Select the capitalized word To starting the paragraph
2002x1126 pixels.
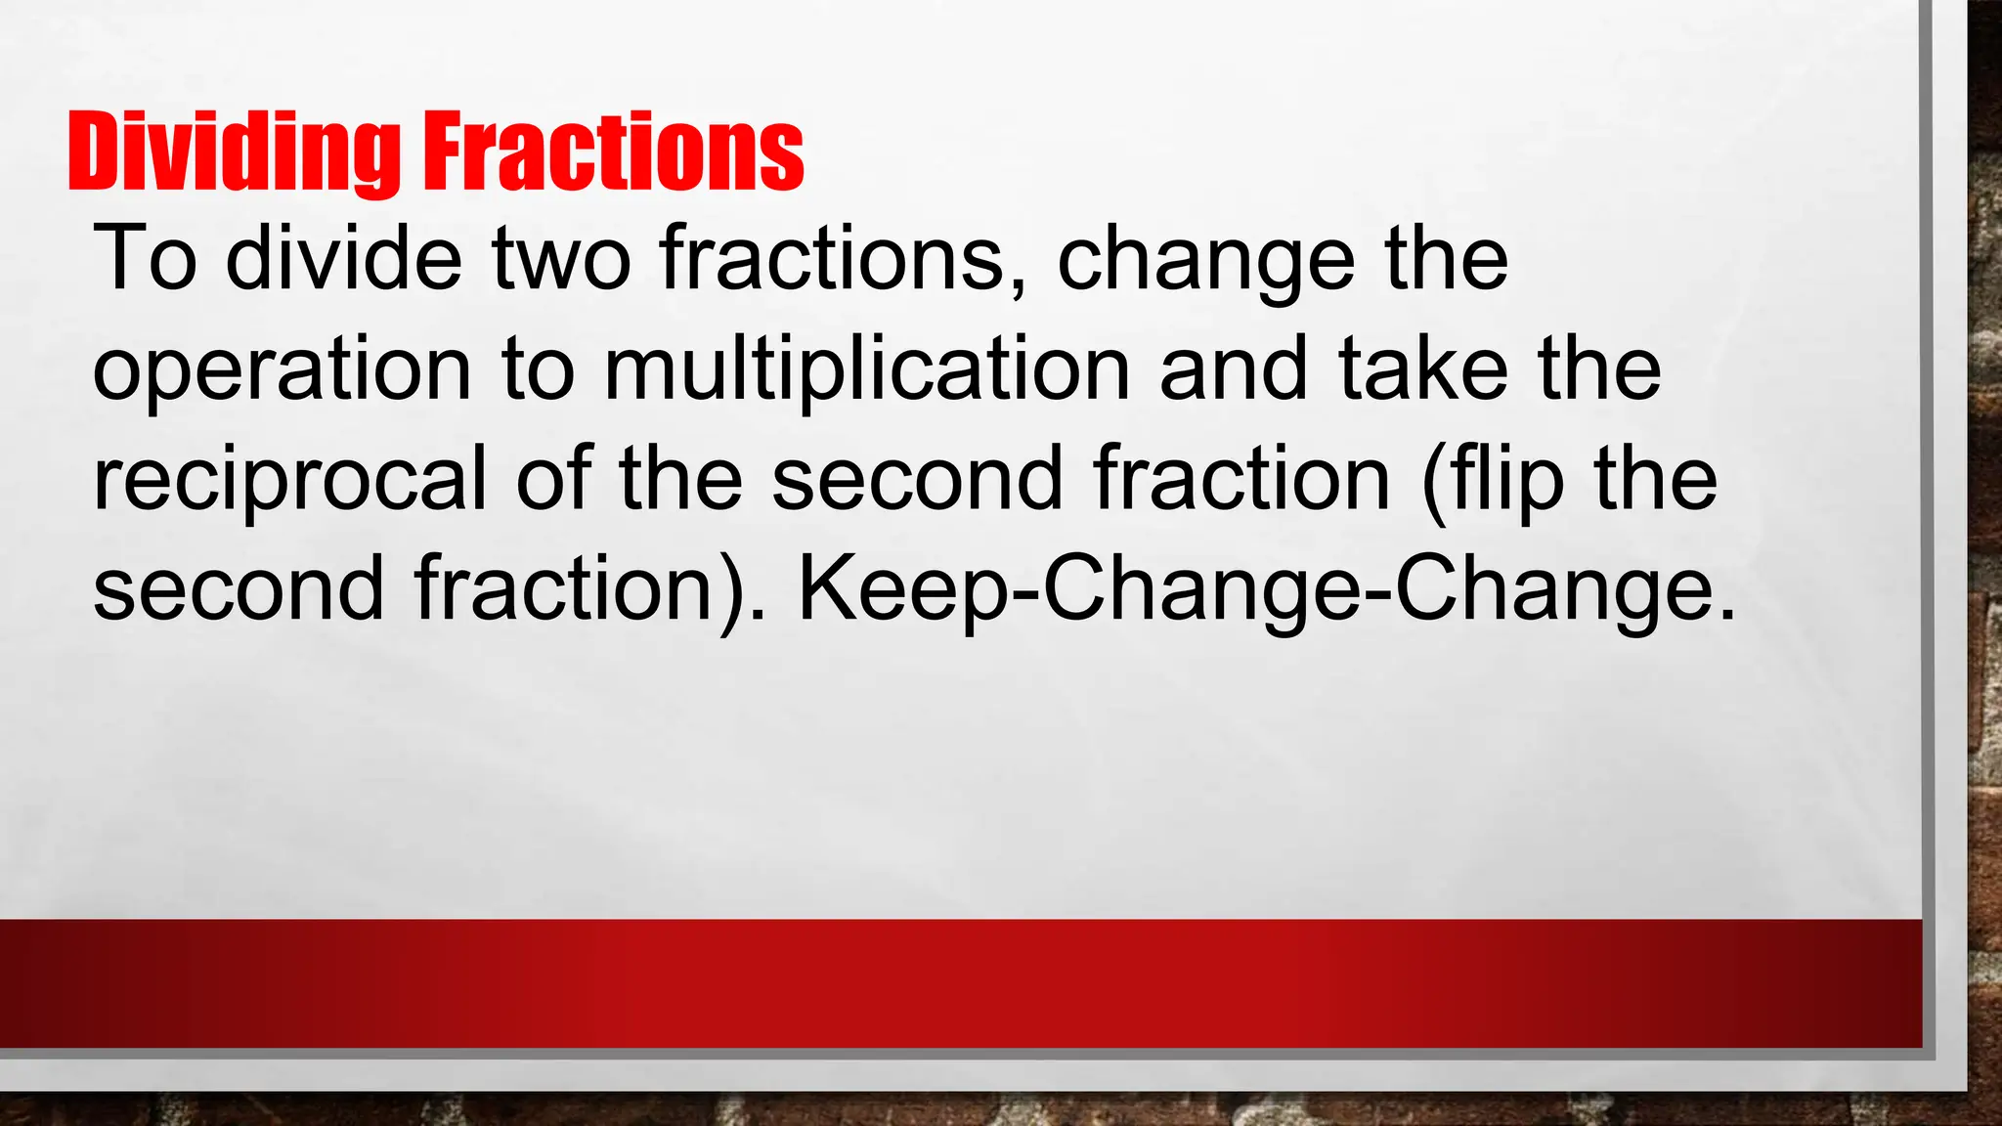(145, 258)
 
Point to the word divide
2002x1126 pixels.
(343, 258)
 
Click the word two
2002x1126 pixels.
(561, 258)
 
